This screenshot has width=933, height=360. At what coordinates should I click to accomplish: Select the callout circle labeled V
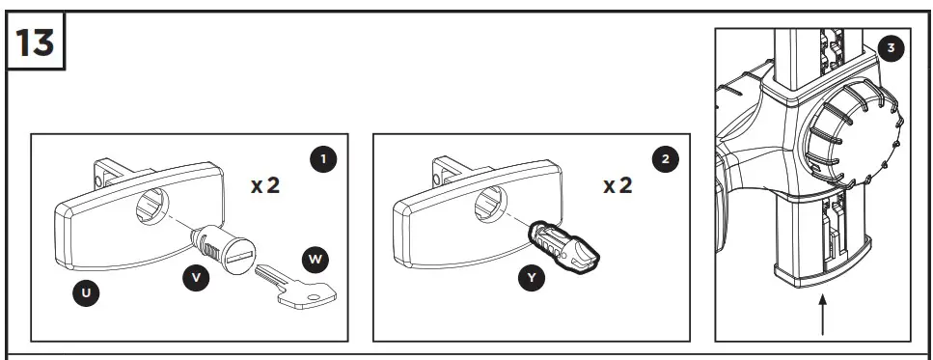(x=197, y=277)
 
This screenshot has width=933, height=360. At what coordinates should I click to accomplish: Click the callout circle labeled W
(x=315, y=259)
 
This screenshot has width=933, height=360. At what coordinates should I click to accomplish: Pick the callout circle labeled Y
(x=530, y=278)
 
